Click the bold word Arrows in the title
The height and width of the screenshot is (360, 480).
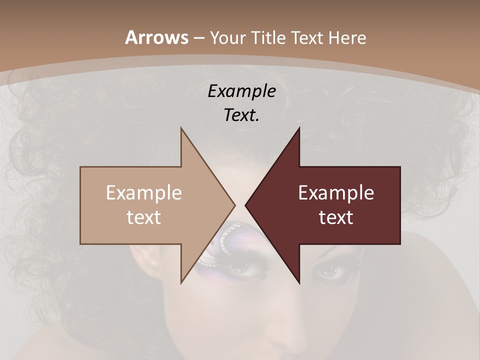156,37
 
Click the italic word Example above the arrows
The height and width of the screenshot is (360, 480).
241,91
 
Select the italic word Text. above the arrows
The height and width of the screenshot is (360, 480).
241,115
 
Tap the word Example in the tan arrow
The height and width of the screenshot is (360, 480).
144,193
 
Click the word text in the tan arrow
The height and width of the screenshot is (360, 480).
144,217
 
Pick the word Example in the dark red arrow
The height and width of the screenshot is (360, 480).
336,193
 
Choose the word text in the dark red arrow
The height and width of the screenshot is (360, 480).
336,217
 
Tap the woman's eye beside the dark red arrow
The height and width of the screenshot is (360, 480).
329,272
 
